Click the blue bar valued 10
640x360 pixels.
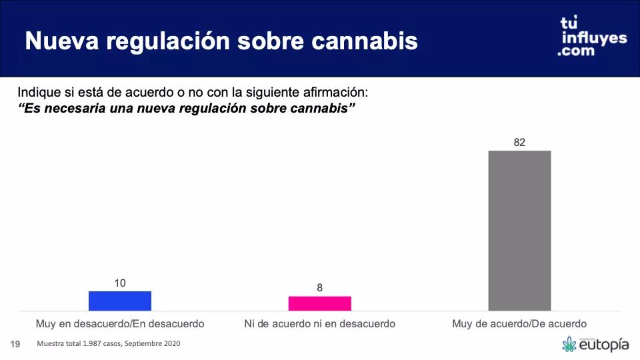(x=120, y=301)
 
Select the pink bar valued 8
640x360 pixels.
(x=320, y=303)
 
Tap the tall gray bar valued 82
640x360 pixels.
(x=520, y=230)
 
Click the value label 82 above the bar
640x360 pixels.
(x=520, y=142)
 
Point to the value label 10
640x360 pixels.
(x=120, y=283)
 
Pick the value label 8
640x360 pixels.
(x=320, y=288)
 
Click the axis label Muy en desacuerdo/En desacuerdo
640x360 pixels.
(x=120, y=323)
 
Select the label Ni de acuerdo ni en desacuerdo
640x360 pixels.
(x=320, y=323)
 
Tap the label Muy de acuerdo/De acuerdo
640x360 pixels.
(x=520, y=323)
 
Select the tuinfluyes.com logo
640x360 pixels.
(x=592, y=37)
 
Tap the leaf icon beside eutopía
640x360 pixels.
(x=569, y=345)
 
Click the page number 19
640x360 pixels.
(x=15, y=344)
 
